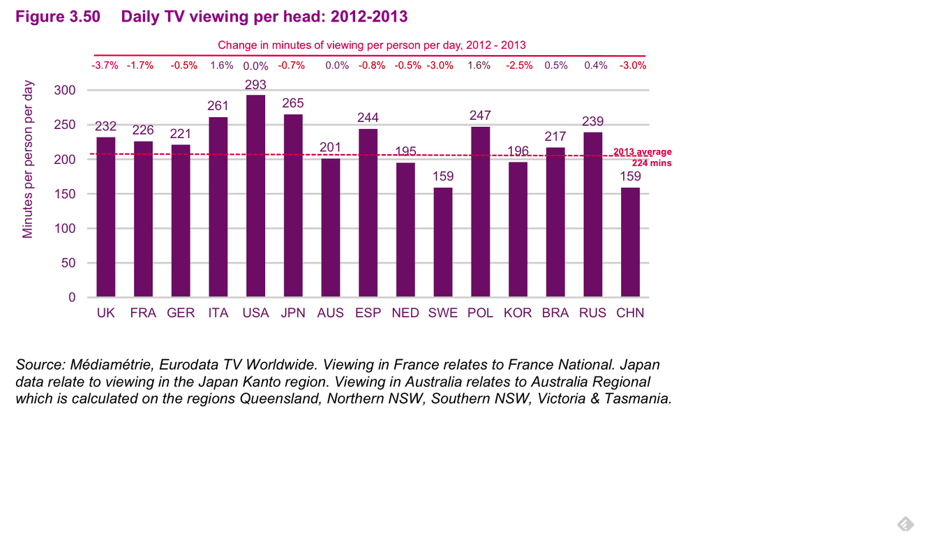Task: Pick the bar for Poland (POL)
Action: pyautogui.click(x=480, y=212)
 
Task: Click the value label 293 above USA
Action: pyautogui.click(x=255, y=84)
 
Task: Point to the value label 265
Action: pyautogui.click(x=293, y=103)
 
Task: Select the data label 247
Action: pyautogui.click(x=480, y=115)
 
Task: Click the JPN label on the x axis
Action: pyautogui.click(x=293, y=313)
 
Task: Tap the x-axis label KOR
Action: pyautogui.click(x=518, y=313)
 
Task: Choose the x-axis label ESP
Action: pyautogui.click(x=368, y=313)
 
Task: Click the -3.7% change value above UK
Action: pyautogui.click(x=105, y=66)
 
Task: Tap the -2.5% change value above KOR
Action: pyautogui.click(x=518, y=66)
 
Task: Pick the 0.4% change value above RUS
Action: pyautogui.click(x=596, y=66)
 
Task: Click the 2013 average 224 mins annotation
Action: pyautogui.click(x=643, y=158)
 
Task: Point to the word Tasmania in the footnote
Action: pyautogui.click(x=638, y=399)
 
